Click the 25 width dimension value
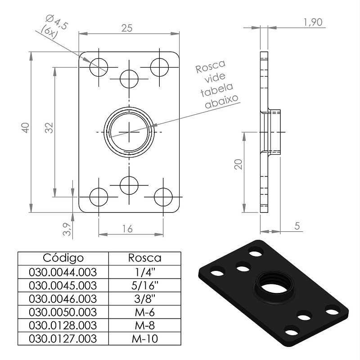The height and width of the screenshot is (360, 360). click(127, 28)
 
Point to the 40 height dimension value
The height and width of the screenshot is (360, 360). click(26, 128)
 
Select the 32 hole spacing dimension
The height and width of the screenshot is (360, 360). click(49, 128)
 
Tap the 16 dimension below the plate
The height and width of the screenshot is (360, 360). click(127, 229)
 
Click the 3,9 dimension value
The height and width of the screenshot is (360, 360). click(67, 229)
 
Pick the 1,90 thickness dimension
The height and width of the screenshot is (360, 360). click(313, 22)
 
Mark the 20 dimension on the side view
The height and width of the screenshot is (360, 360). click(238, 164)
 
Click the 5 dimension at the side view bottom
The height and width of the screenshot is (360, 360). click(297, 226)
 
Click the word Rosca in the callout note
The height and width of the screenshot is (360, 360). click(211, 66)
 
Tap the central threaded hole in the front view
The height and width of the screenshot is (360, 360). click(129, 132)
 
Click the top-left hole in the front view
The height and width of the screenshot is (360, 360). click(99, 67)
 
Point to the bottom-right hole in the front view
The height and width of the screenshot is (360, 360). click(163, 197)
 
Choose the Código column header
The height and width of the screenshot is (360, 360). click(63, 258)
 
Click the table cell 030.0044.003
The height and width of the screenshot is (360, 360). click(63, 272)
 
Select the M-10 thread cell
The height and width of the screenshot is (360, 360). click(145, 339)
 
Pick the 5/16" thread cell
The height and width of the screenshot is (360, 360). click(145, 285)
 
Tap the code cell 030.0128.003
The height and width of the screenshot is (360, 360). click(63, 325)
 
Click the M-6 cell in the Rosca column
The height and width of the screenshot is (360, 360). click(145, 312)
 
